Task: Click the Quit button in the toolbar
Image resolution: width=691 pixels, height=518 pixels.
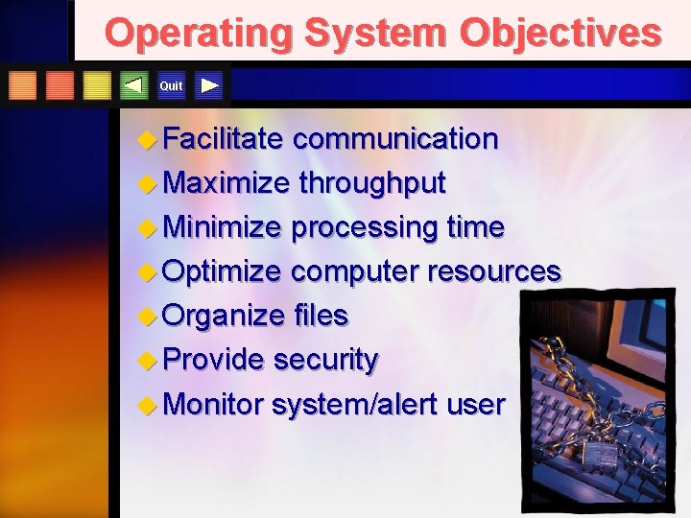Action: pos(171,86)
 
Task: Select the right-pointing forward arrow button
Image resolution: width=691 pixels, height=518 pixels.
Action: pos(209,85)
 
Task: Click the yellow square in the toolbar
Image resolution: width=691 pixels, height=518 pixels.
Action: pos(97,85)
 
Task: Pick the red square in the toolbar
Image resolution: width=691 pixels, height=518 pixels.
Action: pos(60,85)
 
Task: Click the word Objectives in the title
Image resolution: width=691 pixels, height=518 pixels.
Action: pos(560,33)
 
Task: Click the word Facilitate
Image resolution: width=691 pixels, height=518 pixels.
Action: pos(223,139)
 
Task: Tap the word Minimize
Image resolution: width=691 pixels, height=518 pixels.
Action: pos(223,228)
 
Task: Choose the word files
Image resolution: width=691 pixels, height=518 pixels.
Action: pos(321,316)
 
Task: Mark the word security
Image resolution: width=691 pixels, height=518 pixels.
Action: pos(326,361)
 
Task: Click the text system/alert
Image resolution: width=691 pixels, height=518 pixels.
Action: pos(355,405)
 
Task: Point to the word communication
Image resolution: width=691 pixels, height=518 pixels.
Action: pos(395,139)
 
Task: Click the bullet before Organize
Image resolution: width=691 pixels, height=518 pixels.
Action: pos(146,316)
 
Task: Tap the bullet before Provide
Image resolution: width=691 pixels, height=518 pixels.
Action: pos(146,360)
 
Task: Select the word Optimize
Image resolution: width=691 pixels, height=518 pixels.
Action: pos(223,272)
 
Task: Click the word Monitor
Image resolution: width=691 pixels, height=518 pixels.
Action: pos(213,405)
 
